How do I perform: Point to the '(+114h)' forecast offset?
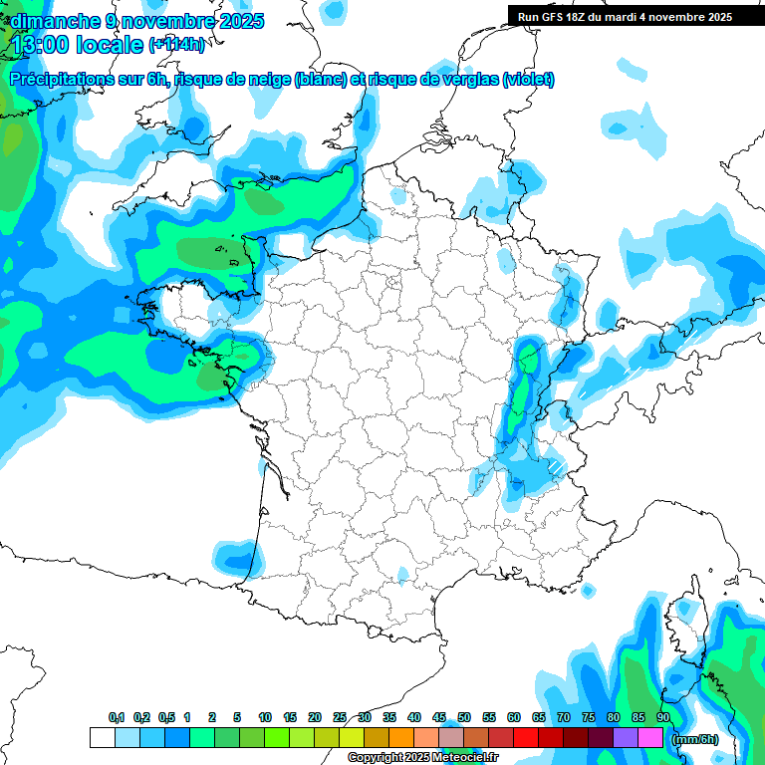tap(176, 45)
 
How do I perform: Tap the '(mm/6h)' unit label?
tap(694, 738)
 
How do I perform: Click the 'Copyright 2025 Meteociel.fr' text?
tap(422, 758)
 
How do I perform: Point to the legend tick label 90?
tap(663, 718)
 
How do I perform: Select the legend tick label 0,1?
tap(116, 718)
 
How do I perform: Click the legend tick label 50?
tap(464, 718)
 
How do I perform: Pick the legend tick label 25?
tap(340, 718)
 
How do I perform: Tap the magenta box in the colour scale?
tap(650, 737)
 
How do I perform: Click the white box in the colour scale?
tap(102, 737)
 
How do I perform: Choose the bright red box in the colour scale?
tap(526, 737)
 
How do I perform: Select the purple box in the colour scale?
tap(626, 737)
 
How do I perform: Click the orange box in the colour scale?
tap(401, 737)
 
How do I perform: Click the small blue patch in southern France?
tap(402, 575)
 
